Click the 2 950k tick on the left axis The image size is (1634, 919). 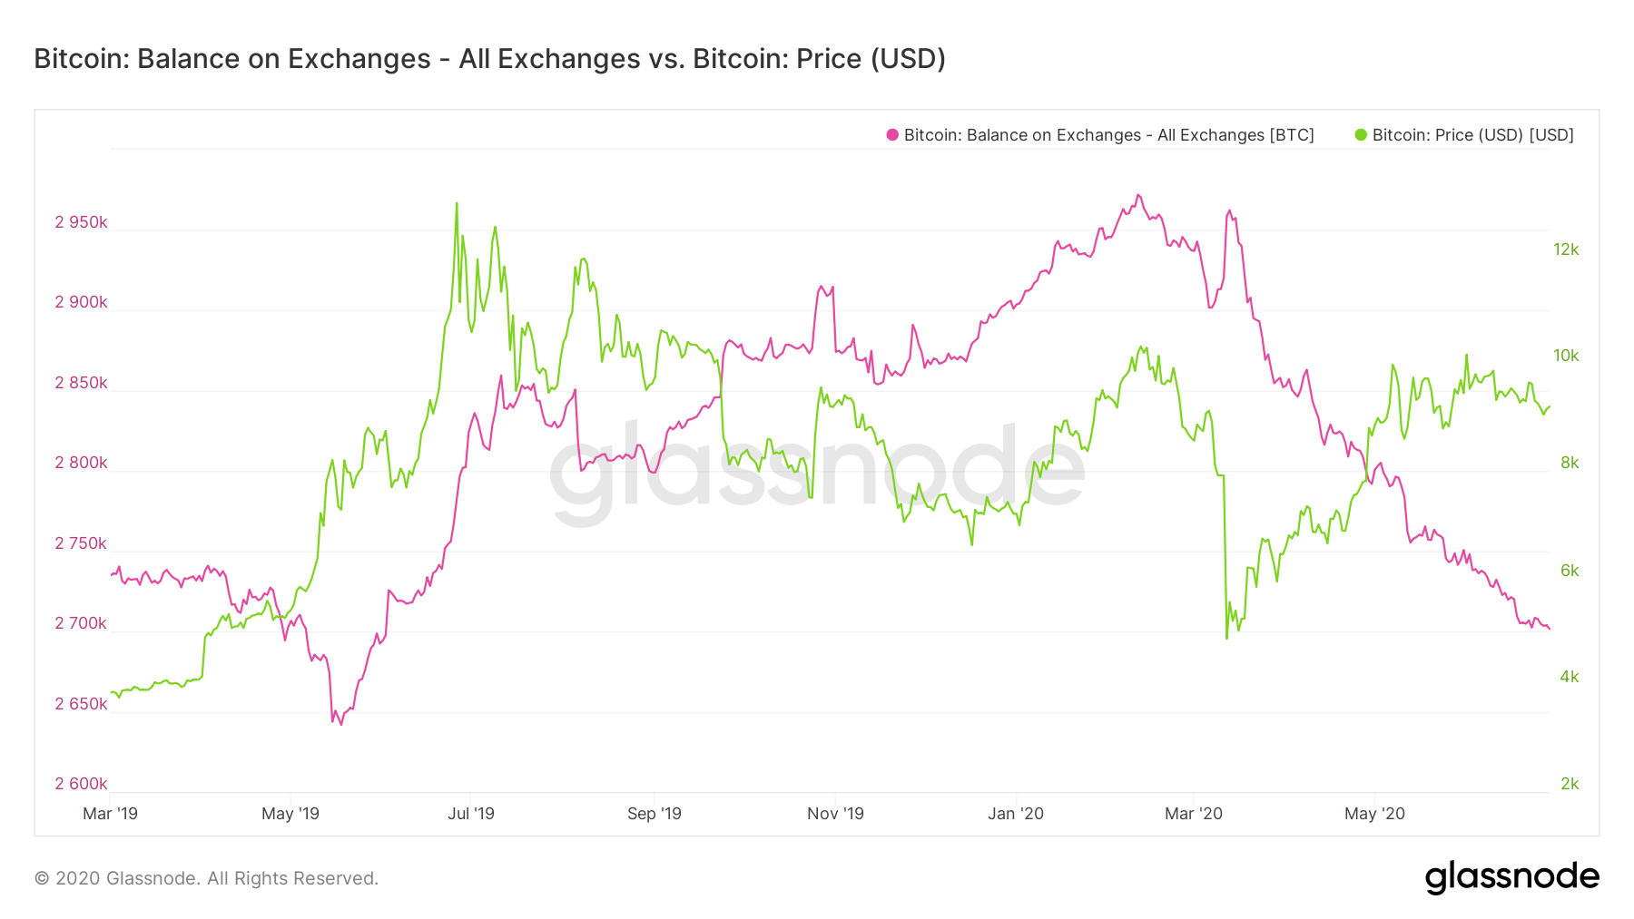pos(81,222)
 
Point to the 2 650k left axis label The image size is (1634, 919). pos(81,704)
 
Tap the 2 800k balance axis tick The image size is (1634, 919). pos(81,463)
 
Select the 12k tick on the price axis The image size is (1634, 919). pos(1566,249)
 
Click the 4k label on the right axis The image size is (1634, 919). pos(1570,677)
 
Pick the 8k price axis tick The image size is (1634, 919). pos(1570,463)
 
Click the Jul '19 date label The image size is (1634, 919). pos(471,814)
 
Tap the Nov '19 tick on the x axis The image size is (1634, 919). pos(835,814)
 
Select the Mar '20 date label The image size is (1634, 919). pos(1194,814)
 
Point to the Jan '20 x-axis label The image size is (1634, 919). pos(1016,814)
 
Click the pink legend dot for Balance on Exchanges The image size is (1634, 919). pos(892,135)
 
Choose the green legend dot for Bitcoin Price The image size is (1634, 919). pos(1361,135)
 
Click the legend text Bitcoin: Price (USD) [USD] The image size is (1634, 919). pos(1472,135)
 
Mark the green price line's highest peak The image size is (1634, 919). pos(457,204)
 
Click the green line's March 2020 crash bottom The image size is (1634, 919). pos(1226,638)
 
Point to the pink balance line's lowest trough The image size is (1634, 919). pos(341,724)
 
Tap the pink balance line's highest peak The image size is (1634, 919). pos(1138,195)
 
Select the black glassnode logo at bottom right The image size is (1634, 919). pos(1511,877)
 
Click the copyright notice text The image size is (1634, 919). pos(206,878)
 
